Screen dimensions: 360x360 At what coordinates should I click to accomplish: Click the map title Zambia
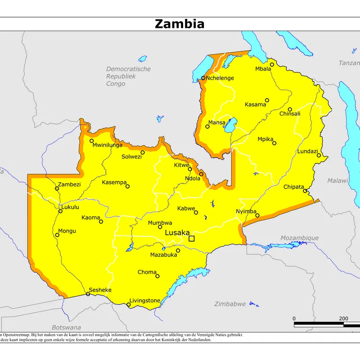180,23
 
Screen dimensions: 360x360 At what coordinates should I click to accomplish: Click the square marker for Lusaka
192,238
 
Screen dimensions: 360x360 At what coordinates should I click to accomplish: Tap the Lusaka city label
177,233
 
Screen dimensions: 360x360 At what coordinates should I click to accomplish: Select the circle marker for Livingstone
129,305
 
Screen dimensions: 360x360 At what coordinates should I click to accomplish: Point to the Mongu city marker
57,234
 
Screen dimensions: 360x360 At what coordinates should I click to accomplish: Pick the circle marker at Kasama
267,100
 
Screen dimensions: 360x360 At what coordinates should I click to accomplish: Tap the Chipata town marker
305,191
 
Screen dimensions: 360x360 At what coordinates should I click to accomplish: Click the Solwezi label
131,157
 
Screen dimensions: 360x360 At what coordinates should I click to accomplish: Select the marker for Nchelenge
203,78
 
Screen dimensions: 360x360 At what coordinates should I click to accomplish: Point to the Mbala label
263,69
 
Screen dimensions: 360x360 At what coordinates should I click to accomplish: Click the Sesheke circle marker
88,294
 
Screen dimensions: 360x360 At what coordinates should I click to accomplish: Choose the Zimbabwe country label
229,304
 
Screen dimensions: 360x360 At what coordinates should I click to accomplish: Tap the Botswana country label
66,327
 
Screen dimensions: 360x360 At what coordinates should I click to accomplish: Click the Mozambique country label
299,238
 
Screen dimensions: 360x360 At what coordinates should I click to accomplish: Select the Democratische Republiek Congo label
128,76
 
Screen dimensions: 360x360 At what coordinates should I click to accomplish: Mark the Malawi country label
337,180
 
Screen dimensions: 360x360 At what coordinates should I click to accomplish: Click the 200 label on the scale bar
343,319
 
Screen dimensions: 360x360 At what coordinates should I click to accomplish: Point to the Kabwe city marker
196,212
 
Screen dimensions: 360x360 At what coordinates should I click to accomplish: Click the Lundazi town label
307,151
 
